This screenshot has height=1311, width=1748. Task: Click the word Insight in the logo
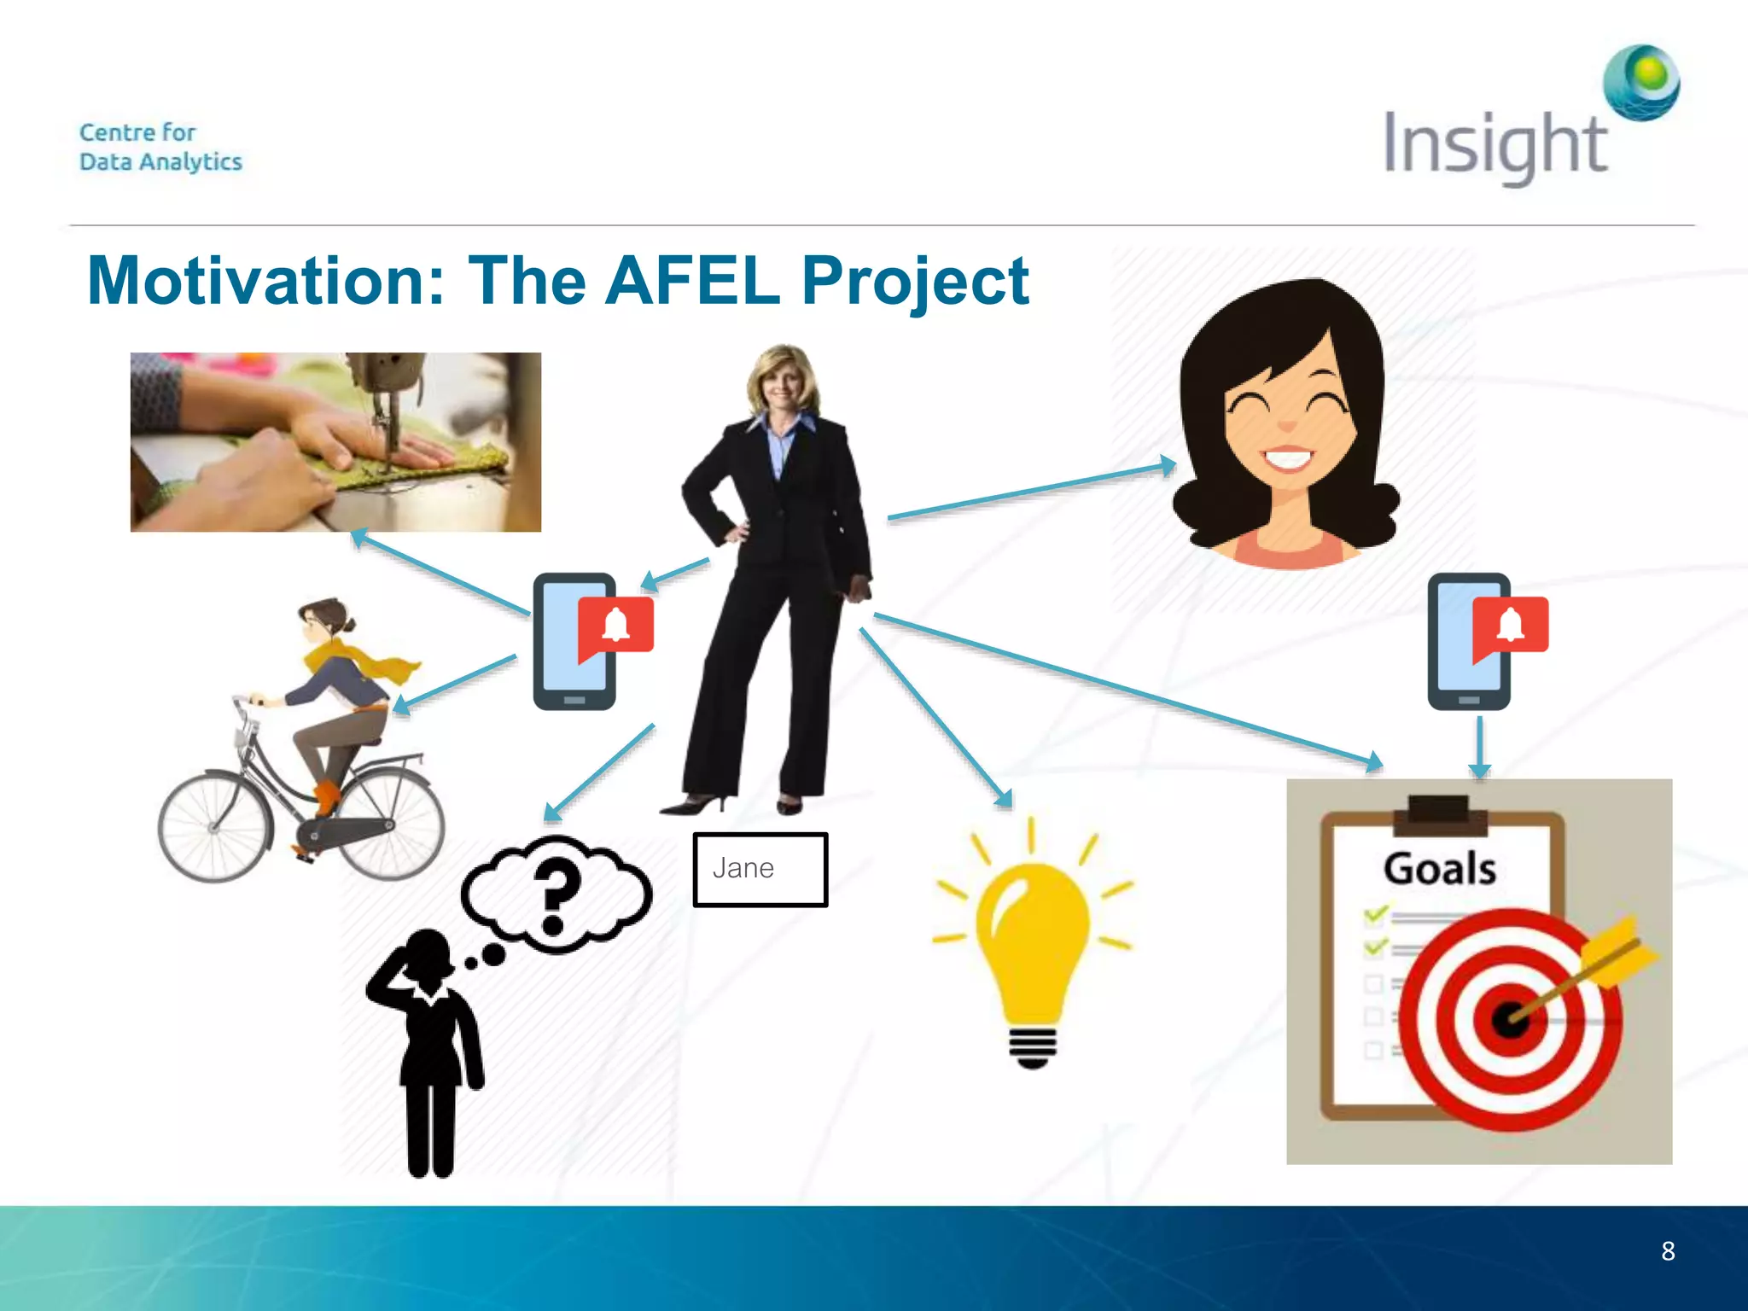coord(1494,145)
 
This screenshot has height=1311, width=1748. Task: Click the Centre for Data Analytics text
coord(160,147)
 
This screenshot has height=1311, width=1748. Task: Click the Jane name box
coord(760,869)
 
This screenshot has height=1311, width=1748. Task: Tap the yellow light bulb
coord(1033,939)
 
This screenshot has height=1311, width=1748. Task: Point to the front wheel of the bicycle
coord(215,826)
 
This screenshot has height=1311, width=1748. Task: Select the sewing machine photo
coord(335,442)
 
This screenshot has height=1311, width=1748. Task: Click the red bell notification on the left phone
coord(616,626)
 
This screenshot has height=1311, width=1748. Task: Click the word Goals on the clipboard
coord(1439,869)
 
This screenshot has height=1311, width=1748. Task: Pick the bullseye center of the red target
coord(1509,1018)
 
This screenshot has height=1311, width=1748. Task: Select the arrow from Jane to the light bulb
coord(935,717)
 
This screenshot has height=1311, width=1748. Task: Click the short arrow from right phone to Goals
coord(1480,746)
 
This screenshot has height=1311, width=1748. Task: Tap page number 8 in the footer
coord(1668,1251)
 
